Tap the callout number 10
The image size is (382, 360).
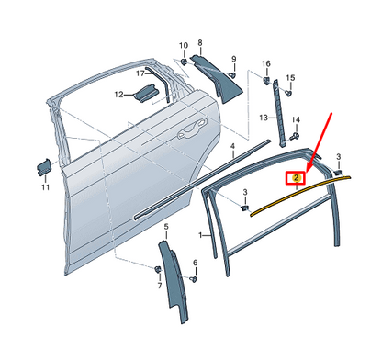[x=182, y=45]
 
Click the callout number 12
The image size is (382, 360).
[x=118, y=94]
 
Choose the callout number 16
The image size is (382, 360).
[x=267, y=63]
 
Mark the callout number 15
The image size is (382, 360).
[x=290, y=78]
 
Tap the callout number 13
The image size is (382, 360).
[x=262, y=118]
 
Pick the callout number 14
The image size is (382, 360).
[x=296, y=120]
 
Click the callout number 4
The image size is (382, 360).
[x=233, y=146]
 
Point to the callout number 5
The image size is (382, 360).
[x=165, y=226]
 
